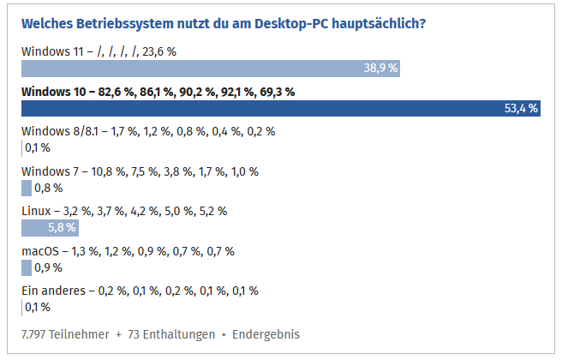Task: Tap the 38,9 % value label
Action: point(380,69)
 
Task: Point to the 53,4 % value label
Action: point(521,108)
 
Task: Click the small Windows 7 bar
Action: point(26,188)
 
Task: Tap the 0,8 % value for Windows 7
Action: point(48,188)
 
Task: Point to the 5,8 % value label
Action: point(62,227)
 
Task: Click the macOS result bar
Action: point(26,267)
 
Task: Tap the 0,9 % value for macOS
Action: point(48,267)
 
